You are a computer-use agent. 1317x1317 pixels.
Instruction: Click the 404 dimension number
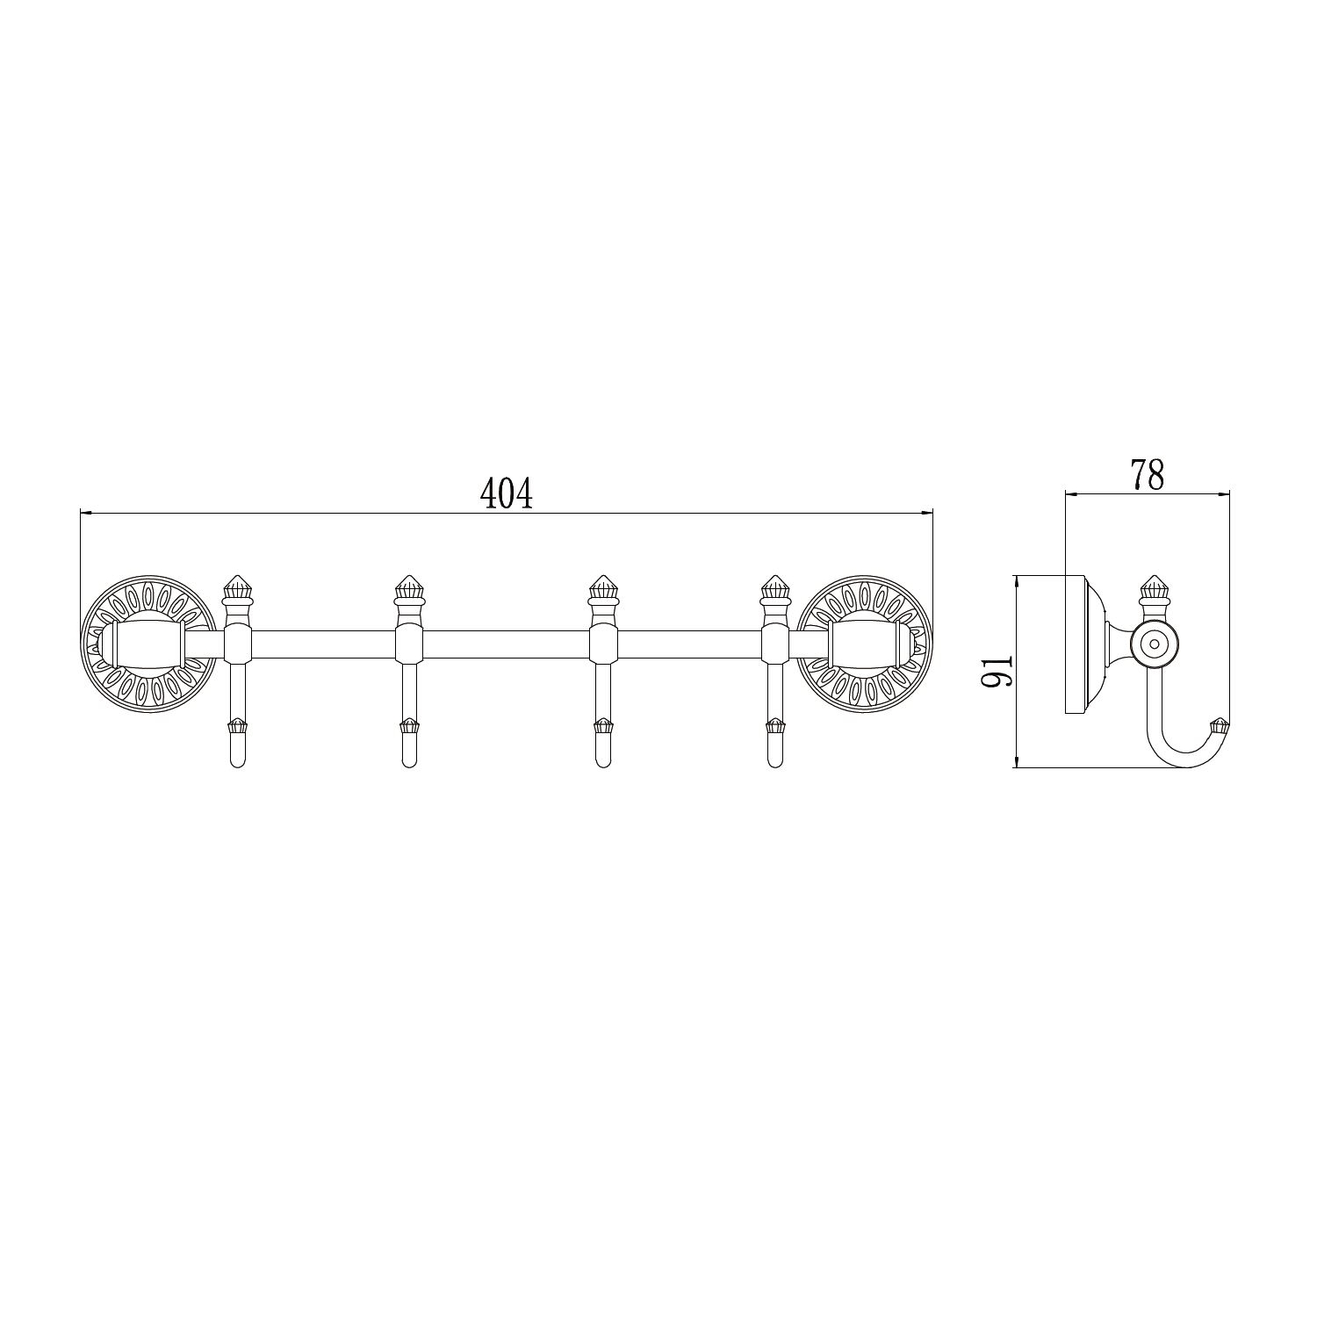pos(507,495)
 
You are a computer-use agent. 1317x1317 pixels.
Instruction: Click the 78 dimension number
pos(1148,475)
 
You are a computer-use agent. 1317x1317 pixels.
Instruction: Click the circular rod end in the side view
pos(1152,644)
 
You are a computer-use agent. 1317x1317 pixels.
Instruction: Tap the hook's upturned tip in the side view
pos(1219,725)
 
